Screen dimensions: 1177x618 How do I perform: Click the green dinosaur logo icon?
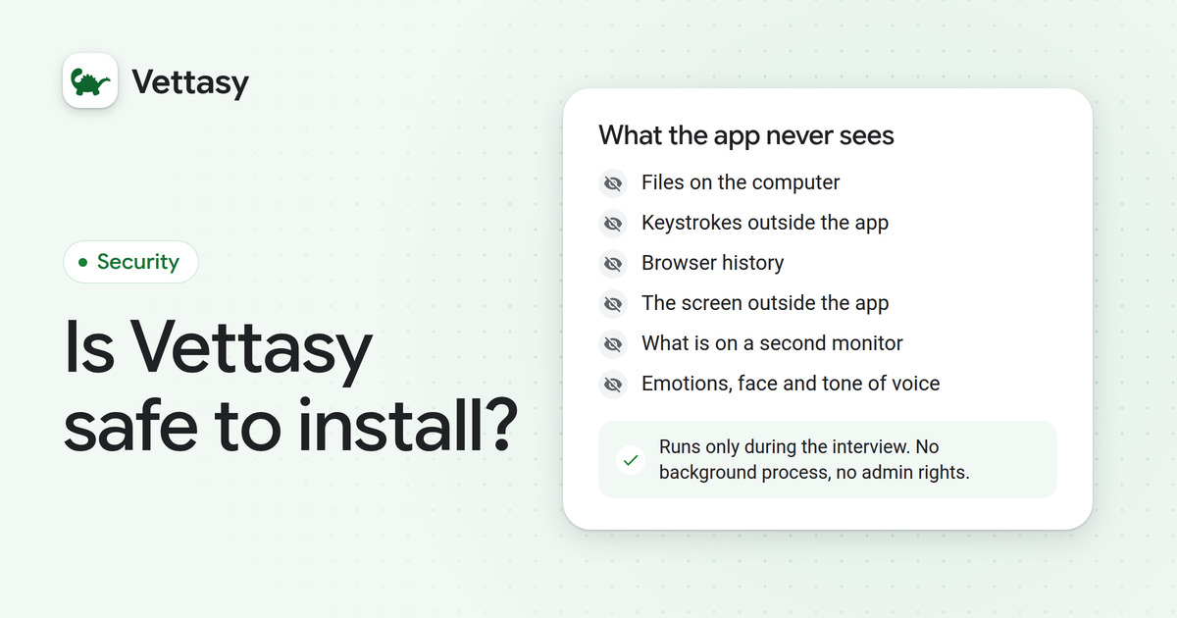[x=90, y=80]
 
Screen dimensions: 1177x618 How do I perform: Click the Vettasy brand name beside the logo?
[x=190, y=82]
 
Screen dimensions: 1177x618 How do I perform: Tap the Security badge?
[x=130, y=262]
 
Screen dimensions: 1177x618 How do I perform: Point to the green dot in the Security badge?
[x=82, y=262]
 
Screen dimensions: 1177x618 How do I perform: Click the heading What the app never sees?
[x=746, y=135]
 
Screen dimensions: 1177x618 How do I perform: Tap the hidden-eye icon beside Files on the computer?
[x=613, y=183]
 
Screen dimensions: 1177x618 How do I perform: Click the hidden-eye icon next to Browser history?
[x=613, y=264]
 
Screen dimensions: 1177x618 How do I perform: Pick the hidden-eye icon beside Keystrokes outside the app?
[x=613, y=224]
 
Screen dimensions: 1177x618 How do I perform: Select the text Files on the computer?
[x=741, y=182]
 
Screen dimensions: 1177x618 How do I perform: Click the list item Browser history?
[x=712, y=263]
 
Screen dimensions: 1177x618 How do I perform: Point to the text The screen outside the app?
[x=765, y=303]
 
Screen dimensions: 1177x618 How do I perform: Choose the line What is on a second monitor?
[x=772, y=343]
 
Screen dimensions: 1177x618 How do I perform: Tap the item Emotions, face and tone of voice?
[x=791, y=384]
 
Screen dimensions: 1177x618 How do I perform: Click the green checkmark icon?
[x=631, y=460]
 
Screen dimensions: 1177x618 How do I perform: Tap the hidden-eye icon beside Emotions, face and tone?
[x=613, y=385]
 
